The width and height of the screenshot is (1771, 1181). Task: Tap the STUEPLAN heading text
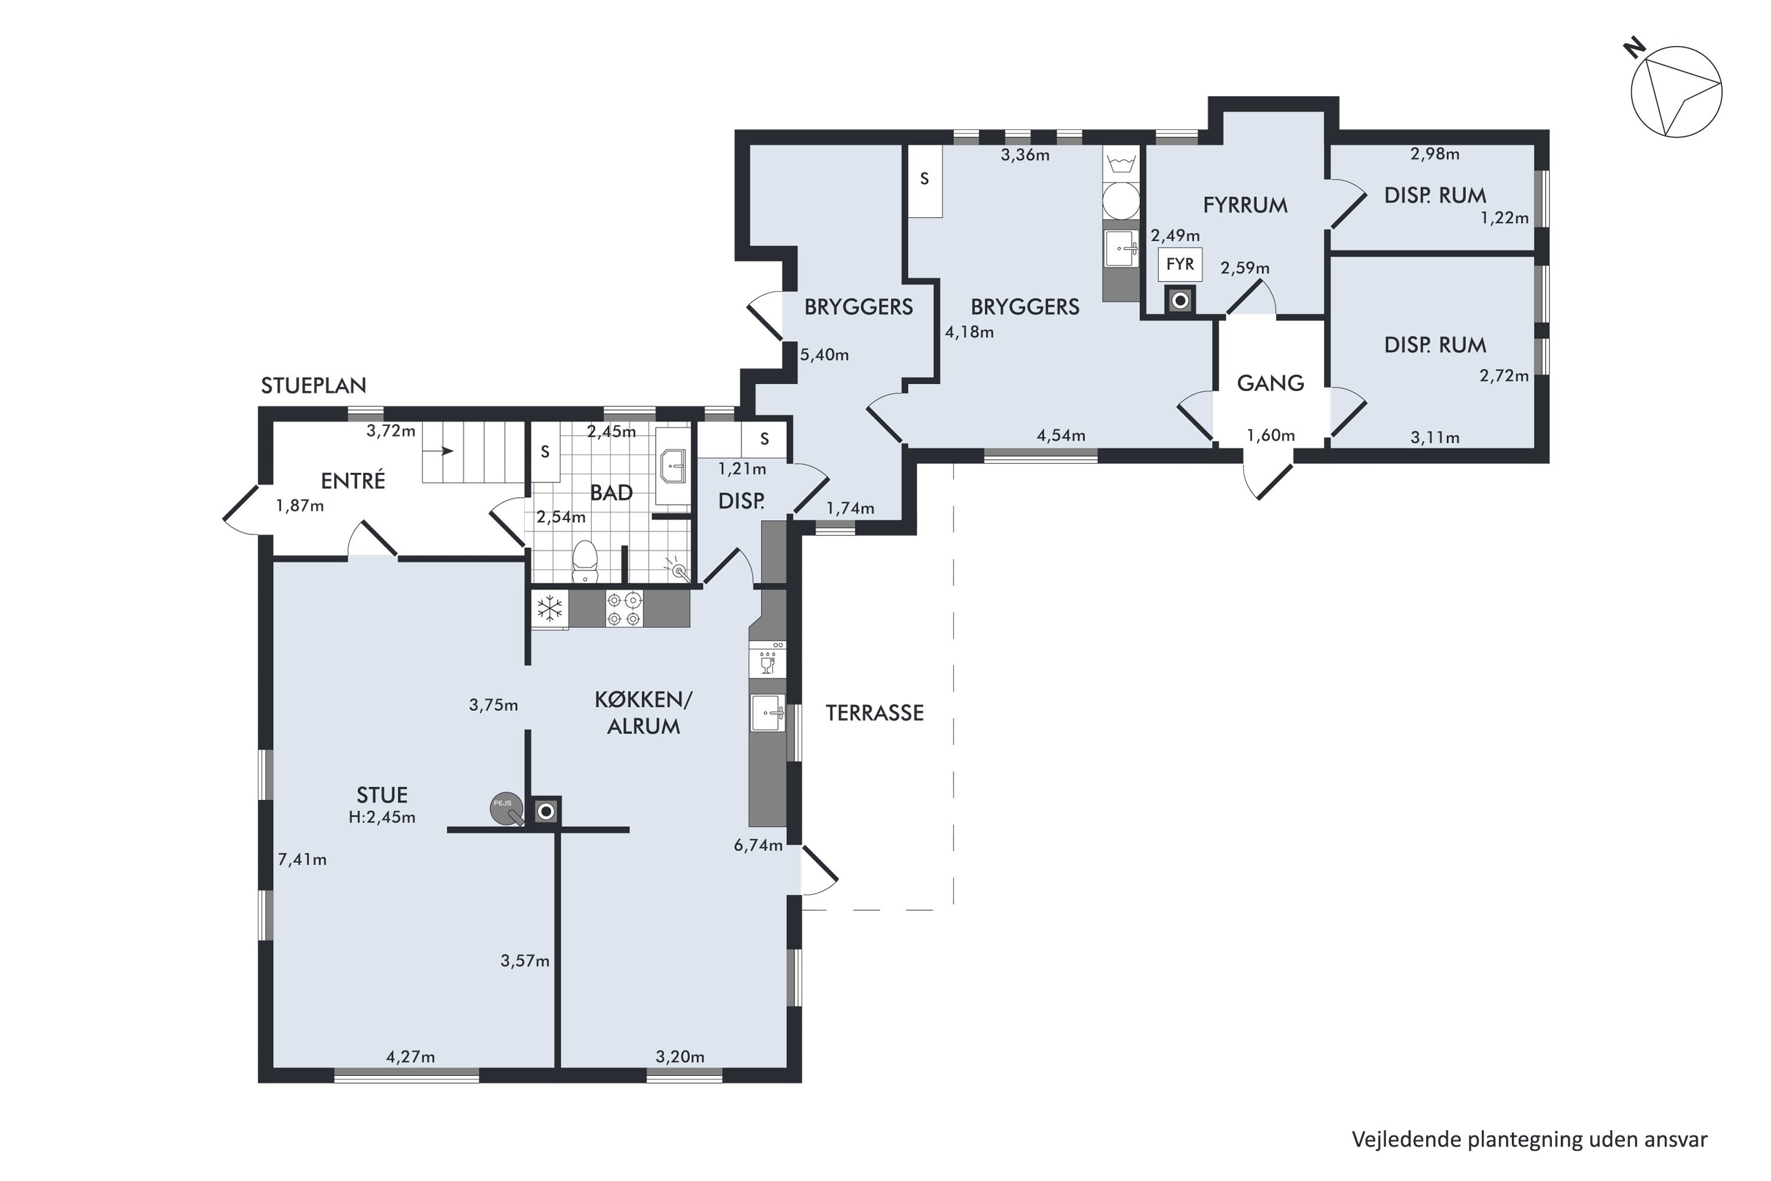point(313,386)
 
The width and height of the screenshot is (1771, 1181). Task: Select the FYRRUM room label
point(1244,205)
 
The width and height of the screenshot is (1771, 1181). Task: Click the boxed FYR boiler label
point(1180,265)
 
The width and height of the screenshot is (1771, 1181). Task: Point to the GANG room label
point(1270,383)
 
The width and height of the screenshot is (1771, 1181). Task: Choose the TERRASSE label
point(874,713)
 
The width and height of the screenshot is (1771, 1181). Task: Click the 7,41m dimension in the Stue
point(302,859)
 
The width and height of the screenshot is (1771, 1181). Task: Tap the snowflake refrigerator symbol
point(550,609)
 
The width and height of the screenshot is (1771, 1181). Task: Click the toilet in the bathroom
point(585,561)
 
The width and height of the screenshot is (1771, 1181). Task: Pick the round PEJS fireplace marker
point(504,807)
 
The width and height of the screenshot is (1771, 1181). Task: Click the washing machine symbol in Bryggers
point(1121,200)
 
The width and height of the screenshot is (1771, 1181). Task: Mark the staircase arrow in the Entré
point(439,451)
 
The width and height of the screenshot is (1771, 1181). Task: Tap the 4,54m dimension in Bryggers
point(1061,435)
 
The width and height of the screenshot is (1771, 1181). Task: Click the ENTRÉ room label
point(352,481)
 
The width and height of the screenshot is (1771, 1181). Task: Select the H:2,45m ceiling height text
point(382,817)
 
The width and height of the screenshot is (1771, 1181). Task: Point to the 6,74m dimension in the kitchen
point(758,845)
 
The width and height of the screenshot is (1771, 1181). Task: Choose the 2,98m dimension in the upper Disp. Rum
point(1435,154)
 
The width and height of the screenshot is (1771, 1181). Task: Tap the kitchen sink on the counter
point(767,713)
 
